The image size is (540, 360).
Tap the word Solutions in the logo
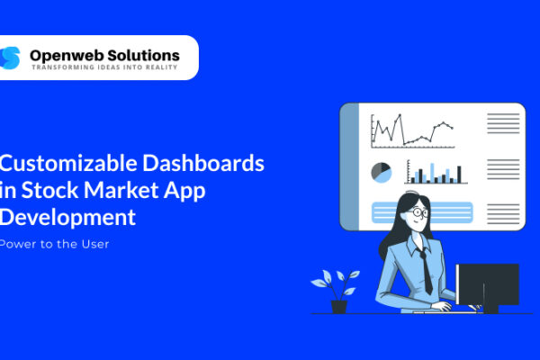point(143,56)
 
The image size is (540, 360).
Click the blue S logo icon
point(10,58)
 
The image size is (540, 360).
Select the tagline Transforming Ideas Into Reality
point(104,67)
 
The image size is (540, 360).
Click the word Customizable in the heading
point(68,163)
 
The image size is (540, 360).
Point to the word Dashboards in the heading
point(203,163)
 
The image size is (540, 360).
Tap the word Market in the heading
point(121,190)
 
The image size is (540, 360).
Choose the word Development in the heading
point(67,218)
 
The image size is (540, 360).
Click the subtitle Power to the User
point(54,244)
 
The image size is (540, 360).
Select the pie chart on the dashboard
point(382,173)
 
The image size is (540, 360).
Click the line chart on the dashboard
point(412,130)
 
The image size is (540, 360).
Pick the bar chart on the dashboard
point(436,172)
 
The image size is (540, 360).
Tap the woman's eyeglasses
point(419,211)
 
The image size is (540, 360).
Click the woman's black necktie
point(426,271)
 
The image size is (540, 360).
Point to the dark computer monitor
point(487,288)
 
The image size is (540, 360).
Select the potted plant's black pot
point(339,307)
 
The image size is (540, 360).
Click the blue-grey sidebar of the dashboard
point(350,166)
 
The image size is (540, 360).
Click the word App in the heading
point(184,191)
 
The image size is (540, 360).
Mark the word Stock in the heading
point(49,190)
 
